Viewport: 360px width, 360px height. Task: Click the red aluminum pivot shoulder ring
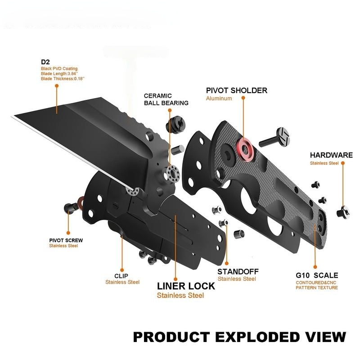coord(245,149)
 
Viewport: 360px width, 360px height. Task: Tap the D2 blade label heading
coord(45,62)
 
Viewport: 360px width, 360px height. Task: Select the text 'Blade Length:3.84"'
coord(59,74)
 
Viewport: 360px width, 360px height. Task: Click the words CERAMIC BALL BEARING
coord(166,99)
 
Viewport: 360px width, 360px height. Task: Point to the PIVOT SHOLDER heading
coord(237,90)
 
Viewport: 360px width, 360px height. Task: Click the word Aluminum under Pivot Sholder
coord(219,99)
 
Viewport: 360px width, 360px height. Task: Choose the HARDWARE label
coord(331,155)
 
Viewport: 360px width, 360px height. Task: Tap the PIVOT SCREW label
coord(66,240)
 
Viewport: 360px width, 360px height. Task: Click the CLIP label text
coord(121,276)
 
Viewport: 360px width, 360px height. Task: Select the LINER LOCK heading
coord(186,286)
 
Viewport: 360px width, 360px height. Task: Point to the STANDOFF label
coord(238,272)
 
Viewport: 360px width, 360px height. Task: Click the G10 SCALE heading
coord(317,275)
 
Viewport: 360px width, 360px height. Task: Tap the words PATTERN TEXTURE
coord(317,288)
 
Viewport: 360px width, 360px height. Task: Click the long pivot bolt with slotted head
coord(274,137)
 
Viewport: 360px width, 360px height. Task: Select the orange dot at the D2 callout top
coord(57,85)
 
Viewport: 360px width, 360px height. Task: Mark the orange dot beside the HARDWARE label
coord(343,163)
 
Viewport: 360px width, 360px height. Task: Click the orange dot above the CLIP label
coord(122,270)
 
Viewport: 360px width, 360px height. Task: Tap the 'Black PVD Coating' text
coord(59,69)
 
